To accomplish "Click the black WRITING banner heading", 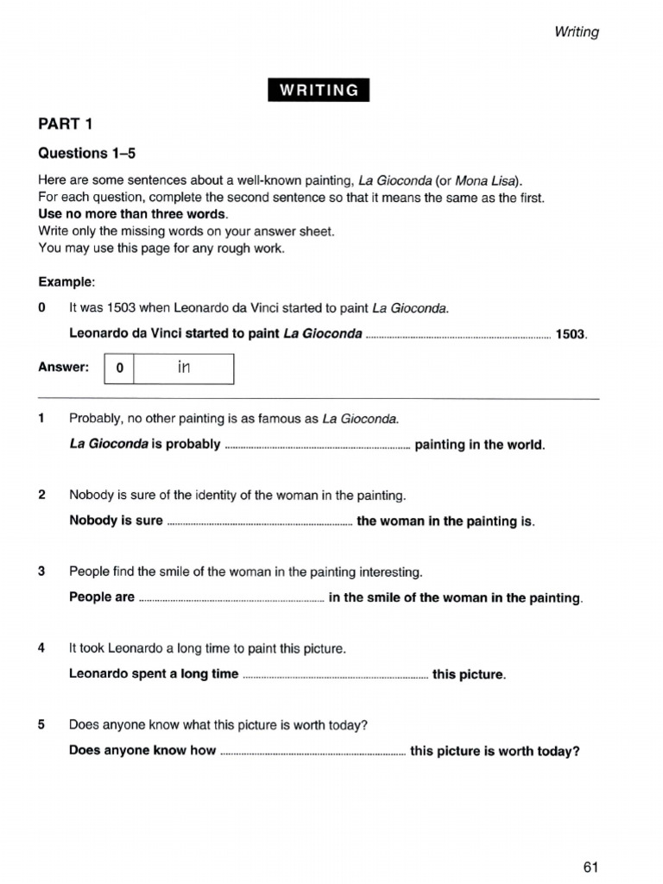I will [319, 90].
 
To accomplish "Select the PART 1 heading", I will [65, 124].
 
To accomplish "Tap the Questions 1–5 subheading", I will [87, 154].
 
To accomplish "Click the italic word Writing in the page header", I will [577, 32].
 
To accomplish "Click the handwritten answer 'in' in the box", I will [183, 368].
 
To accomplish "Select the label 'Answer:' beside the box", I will [64, 368].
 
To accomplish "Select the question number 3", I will [41, 571].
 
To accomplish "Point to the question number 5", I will [41, 725].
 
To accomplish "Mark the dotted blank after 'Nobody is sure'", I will [259, 523].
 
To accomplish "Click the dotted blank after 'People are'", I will [231, 599].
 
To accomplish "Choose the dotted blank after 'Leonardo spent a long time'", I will [335, 676].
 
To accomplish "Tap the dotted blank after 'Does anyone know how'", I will [313, 753].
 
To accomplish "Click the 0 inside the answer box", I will [120, 369].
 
